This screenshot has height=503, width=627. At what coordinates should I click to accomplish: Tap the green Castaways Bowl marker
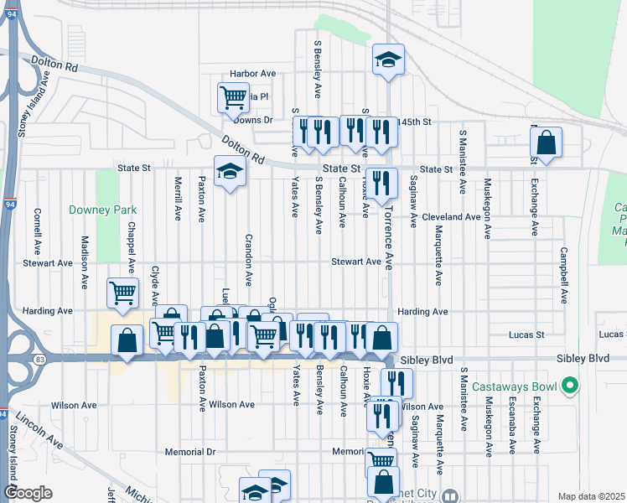pos(571,386)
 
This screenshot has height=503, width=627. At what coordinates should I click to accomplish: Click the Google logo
pos(28,493)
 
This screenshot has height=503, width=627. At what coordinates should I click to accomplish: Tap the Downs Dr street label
pos(254,120)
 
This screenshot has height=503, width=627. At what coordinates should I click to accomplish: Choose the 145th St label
pos(415,122)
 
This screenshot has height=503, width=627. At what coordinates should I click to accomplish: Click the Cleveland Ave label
pos(451,216)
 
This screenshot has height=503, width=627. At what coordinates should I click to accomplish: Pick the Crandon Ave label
pos(248,261)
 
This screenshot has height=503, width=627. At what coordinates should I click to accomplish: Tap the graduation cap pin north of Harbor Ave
pos(388,60)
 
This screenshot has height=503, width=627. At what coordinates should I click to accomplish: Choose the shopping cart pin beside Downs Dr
pos(233,97)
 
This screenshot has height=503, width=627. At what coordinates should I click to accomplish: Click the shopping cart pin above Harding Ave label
pos(122,293)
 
